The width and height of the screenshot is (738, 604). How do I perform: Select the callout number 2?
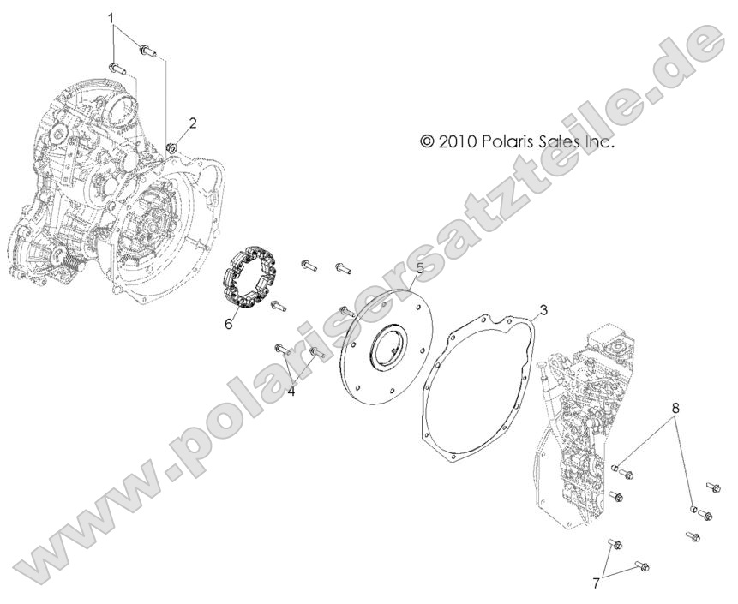coord(193,123)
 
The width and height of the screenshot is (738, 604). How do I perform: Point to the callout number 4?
coord(291,391)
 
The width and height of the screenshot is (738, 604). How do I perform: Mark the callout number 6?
coord(228,324)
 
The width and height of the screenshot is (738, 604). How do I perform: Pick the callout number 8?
coord(675,410)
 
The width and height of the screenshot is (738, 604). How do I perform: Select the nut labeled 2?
coord(171,148)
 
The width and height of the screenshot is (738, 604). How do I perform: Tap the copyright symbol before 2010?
coord(427,141)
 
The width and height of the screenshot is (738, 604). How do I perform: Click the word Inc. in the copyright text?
coord(600,141)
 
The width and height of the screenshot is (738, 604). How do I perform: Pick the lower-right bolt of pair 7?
coord(642,566)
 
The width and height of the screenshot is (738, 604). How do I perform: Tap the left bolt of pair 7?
coord(614,544)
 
